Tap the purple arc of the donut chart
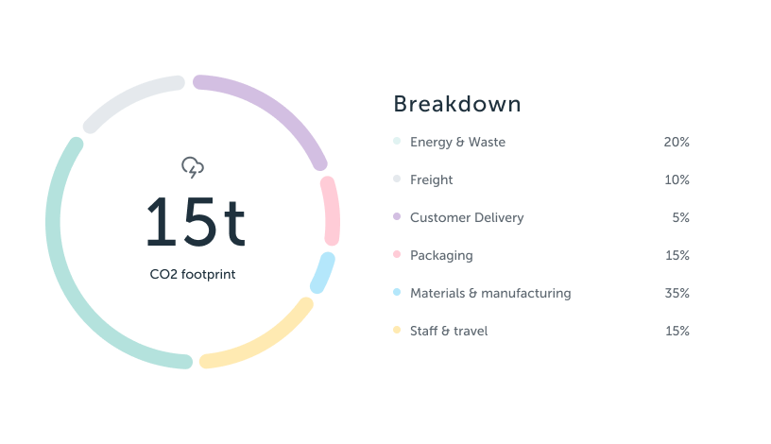pyautogui.click(x=274, y=112)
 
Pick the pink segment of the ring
pyautogui.click(x=330, y=210)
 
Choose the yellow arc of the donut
pyautogui.click(x=260, y=339)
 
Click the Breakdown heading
pyautogui.click(x=456, y=104)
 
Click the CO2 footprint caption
pyautogui.click(x=193, y=275)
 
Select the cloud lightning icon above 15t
pyautogui.click(x=193, y=168)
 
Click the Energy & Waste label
pyautogui.click(x=457, y=142)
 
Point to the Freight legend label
pyautogui.click(x=432, y=179)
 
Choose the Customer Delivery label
pyautogui.click(x=467, y=217)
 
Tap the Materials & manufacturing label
pyautogui.click(x=490, y=293)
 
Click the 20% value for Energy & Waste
pyautogui.click(x=677, y=142)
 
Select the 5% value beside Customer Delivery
pyautogui.click(x=680, y=217)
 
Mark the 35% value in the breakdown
pyautogui.click(x=677, y=293)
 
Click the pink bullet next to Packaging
pyautogui.click(x=397, y=255)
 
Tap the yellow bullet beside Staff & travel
pyautogui.click(x=397, y=331)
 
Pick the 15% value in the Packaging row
pyautogui.click(x=677, y=255)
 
